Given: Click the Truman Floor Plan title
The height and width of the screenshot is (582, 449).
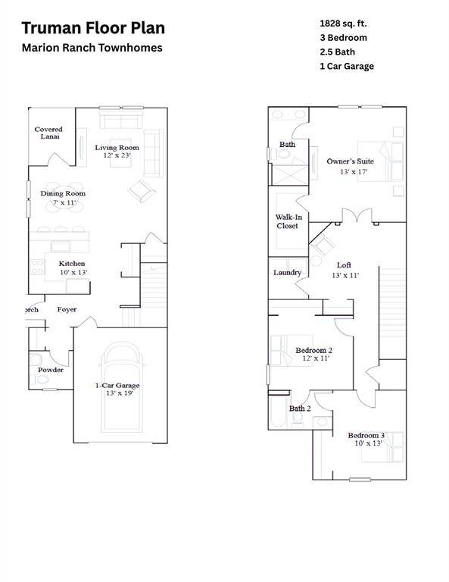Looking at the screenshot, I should click(92, 29).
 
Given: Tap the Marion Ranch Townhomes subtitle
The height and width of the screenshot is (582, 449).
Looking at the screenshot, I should click(92, 48).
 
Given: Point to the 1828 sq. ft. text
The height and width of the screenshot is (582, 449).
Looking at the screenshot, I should click(343, 23).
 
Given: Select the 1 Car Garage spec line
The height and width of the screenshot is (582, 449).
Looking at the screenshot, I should click(346, 67).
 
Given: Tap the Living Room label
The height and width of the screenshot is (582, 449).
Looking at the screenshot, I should click(117, 147).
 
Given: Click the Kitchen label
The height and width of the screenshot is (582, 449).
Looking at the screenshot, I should click(72, 264).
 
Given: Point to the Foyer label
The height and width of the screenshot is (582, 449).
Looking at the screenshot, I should click(67, 309).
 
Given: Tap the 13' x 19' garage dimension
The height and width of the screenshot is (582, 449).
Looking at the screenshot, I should click(117, 394).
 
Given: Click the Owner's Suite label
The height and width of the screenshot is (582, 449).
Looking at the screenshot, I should click(348, 161).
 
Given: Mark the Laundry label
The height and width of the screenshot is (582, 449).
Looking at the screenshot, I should click(287, 273).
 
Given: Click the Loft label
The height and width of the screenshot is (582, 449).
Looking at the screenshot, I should click(344, 265).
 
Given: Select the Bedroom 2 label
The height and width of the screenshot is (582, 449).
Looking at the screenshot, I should click(313, 350).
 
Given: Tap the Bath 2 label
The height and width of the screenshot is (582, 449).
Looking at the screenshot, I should click(300, 408).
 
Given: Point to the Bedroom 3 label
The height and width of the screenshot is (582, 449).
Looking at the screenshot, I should click(366, 435).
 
